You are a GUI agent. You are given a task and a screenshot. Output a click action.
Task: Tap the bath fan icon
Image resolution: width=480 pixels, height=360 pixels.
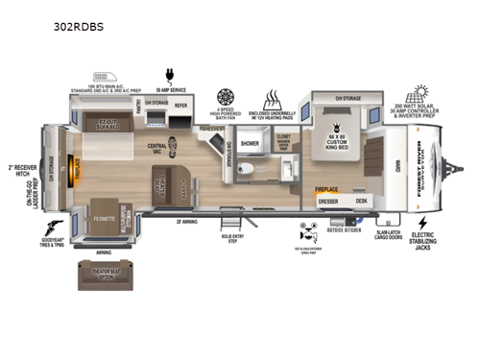[x=226, y=97]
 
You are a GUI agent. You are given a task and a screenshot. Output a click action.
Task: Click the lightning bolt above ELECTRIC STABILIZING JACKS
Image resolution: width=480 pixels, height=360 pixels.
[x=423, y=223]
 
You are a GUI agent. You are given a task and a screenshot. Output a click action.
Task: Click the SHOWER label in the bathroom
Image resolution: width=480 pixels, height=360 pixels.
[x=251, y=145]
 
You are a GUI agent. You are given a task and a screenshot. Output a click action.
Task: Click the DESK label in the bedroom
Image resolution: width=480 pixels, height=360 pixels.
[x=361, y=201]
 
